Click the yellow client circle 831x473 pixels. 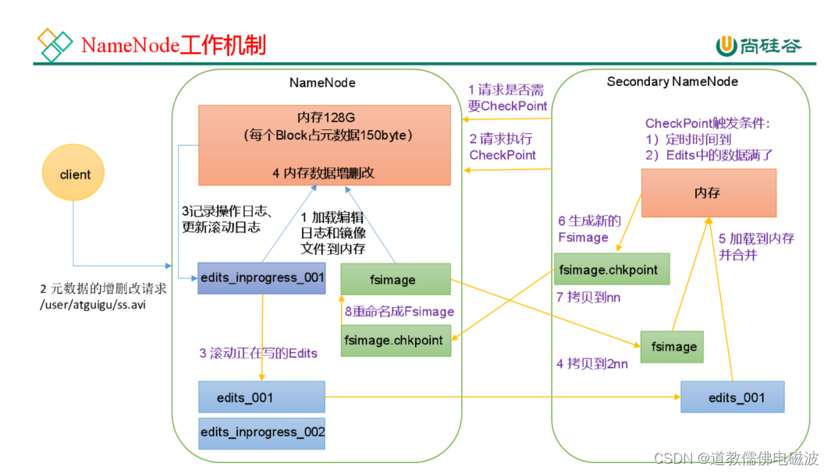click(x=75, y=175)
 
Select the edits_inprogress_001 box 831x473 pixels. click(x=261, y=278)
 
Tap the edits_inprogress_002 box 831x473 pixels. click(x=261, y=432)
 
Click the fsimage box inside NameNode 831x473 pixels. click(x=395, y=279)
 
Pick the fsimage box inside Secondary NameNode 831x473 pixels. click(x=672, y=347)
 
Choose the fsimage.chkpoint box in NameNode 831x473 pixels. click(x=395, y=341)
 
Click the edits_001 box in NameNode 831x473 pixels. click(x=261, y=397)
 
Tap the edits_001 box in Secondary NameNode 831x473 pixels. click(x=732, y=397)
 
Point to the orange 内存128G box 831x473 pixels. click(x=324, y=145)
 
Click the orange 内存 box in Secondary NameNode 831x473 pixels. click(x=708, y=192)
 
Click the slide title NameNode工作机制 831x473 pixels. click(x=173, y=45)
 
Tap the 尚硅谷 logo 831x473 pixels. click(x=758, y=46)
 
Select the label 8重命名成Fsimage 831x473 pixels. click(x=400, y=311)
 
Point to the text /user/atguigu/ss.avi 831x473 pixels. click(x=93, y=305)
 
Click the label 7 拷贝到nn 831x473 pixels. click(x=588, y=298)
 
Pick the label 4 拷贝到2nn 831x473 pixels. click(x=591, y=363)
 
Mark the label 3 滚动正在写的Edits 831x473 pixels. click(x=258, y=353)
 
